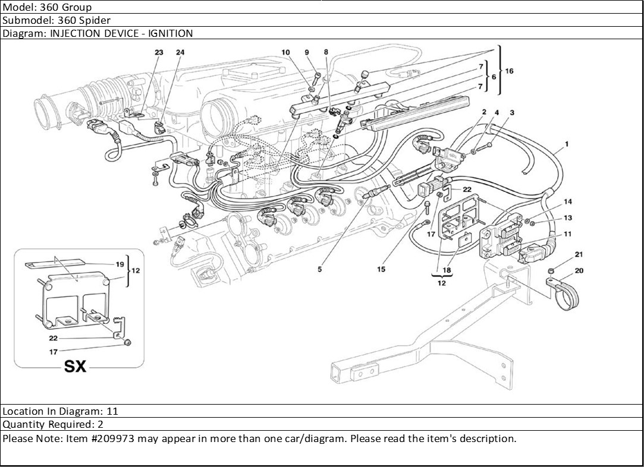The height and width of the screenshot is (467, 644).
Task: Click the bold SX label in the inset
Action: [76, 366]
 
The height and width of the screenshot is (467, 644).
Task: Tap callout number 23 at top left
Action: [159, 52]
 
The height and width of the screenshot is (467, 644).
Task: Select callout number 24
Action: [180, 52]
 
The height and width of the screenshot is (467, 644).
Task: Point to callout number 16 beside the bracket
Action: [510, 71]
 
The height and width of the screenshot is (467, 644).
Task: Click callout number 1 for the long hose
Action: [567, 144]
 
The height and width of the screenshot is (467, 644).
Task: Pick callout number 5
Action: [319, 269]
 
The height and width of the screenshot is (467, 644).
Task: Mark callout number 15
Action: [381, 269]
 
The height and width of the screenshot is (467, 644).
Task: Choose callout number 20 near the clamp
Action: [579, 270]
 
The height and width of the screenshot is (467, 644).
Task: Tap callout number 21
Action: [579, 255]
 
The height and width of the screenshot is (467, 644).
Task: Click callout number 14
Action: [568, 202]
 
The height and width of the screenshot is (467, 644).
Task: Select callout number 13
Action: [568, 218]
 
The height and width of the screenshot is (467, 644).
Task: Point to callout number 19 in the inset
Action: [120, 264]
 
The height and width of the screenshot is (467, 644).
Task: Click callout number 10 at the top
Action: [285, 52]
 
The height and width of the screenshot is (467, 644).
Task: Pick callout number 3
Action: [512, 112]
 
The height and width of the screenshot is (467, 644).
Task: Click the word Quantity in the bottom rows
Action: [22, 425]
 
